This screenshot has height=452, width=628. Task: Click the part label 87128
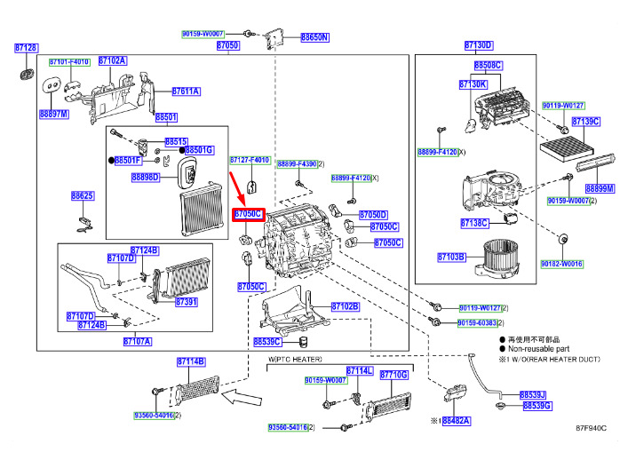pos(26,48)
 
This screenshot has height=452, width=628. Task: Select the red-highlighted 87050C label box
pos(248,214)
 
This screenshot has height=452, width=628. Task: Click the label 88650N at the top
pos(314,37)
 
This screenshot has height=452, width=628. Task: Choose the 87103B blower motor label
pos(451,257)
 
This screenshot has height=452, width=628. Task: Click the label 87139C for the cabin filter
pos(585,121)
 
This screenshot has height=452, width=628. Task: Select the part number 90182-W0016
pos(563,264)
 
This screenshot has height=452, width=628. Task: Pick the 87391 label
pos(187,302)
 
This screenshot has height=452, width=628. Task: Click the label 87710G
pos(393,376)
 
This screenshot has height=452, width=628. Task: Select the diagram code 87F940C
pos(590,428)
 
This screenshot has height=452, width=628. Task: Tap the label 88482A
pos(457,420)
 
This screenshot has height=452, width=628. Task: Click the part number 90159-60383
pos(478,322)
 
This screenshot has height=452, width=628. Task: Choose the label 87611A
pos(186,91)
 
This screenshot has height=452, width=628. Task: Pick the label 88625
pos(83,195)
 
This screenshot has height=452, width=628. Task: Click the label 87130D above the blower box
pos(478,44)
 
